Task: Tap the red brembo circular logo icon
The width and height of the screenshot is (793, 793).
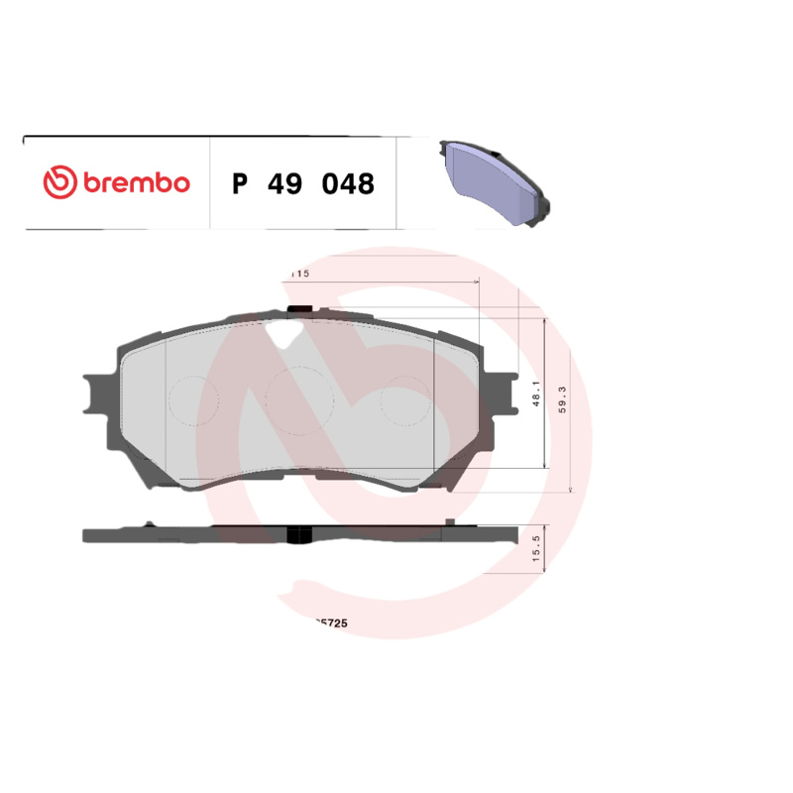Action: (59, 182)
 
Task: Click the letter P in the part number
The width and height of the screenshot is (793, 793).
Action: (238, 183)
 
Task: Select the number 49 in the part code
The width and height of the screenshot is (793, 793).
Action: (282, 183)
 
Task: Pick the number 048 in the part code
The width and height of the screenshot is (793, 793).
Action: (346, 183)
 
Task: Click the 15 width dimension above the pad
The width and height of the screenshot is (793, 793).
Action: (301, 273)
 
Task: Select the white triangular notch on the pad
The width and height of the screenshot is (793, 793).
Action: (284, 333)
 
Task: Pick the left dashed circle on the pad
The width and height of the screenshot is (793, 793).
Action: (192, 400)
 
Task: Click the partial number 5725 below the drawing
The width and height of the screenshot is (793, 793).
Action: (328, 624)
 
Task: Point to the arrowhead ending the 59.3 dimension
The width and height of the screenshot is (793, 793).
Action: (572, 489)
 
